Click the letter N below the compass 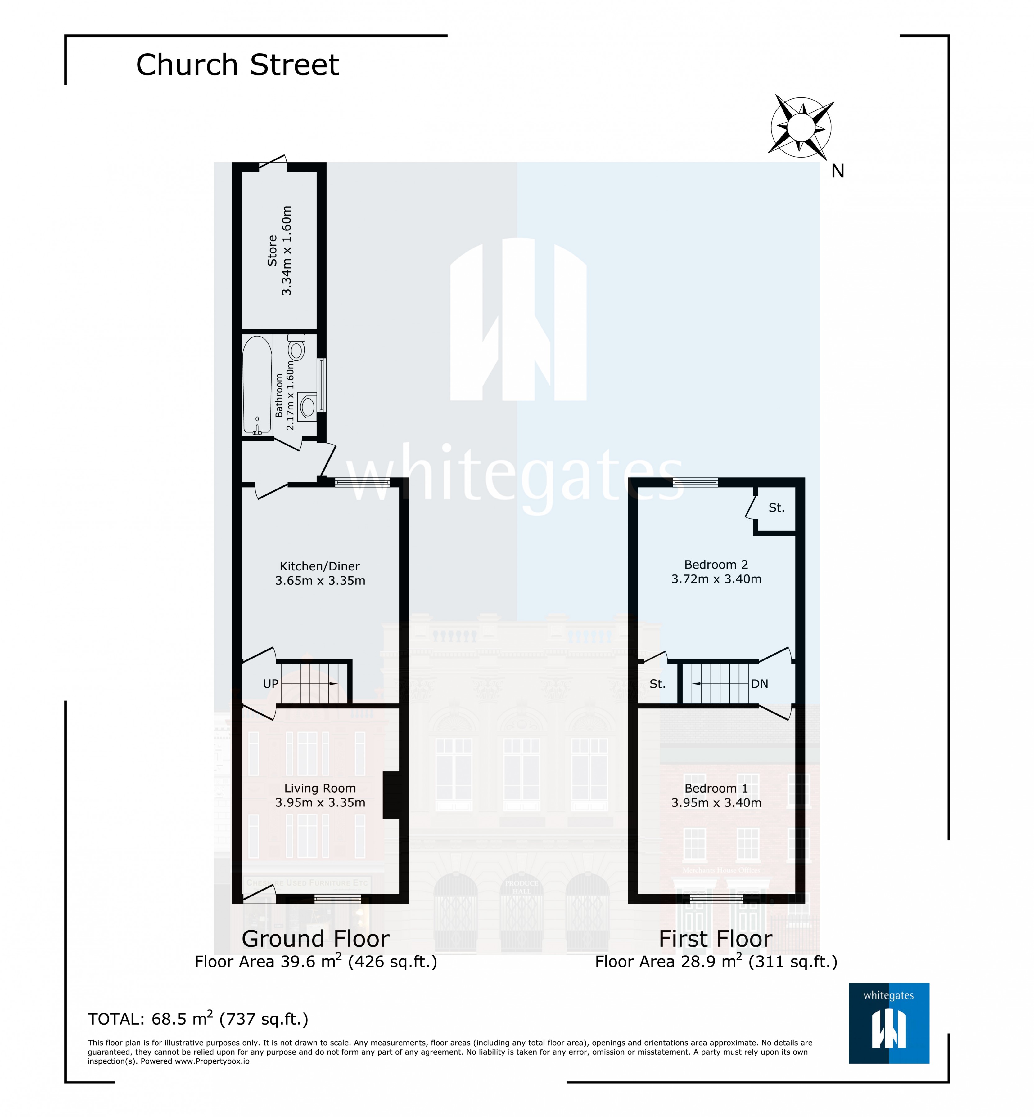(x=837, y=171)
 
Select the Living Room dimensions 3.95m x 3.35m (x=320, y=803)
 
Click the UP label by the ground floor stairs (x=270, y=684)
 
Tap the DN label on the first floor (x=759, y=684)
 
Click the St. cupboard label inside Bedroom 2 (x=776, y=507)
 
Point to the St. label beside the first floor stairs (x=657, y=684)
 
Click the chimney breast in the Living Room (x=391, y=796)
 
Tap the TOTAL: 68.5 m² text (x=197, y=1019)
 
